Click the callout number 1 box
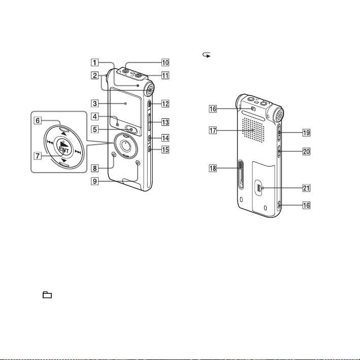pos(94,62)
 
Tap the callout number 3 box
pos(94,103)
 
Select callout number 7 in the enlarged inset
pos(38,156)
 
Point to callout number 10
pos(166,62)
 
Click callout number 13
pos(166,122)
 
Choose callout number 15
pos(166,150)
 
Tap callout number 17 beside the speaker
pos(213,130)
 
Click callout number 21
pos(307,188)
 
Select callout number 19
pos(307,133)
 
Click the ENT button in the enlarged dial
pos(63,147)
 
